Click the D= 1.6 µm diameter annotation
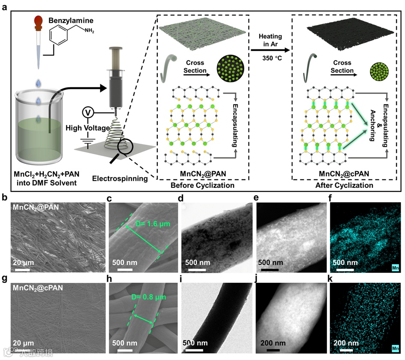click(150, 224)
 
